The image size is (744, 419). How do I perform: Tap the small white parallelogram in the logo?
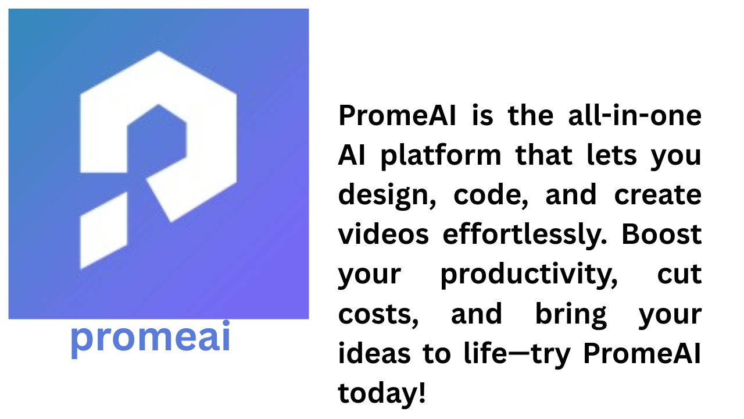(103, 230)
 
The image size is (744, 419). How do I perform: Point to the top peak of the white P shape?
(158, 51)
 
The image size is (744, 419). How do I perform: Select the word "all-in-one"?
(635, 115)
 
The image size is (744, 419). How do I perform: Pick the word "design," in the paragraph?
(387, 196)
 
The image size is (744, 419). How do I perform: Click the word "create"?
(658, 195)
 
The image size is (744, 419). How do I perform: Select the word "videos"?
(384, 234)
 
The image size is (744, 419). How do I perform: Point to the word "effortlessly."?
(525, 236)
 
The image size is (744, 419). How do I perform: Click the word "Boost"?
(661, 234)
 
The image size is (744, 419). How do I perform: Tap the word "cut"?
(679, 274)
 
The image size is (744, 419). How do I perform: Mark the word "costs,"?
(378, 315)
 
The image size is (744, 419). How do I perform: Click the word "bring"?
(571, 315)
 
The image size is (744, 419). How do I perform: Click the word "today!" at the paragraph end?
(382, 394)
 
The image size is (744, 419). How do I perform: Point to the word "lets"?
(612, 155)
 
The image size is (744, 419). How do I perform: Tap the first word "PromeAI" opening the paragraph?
(397, 115)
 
